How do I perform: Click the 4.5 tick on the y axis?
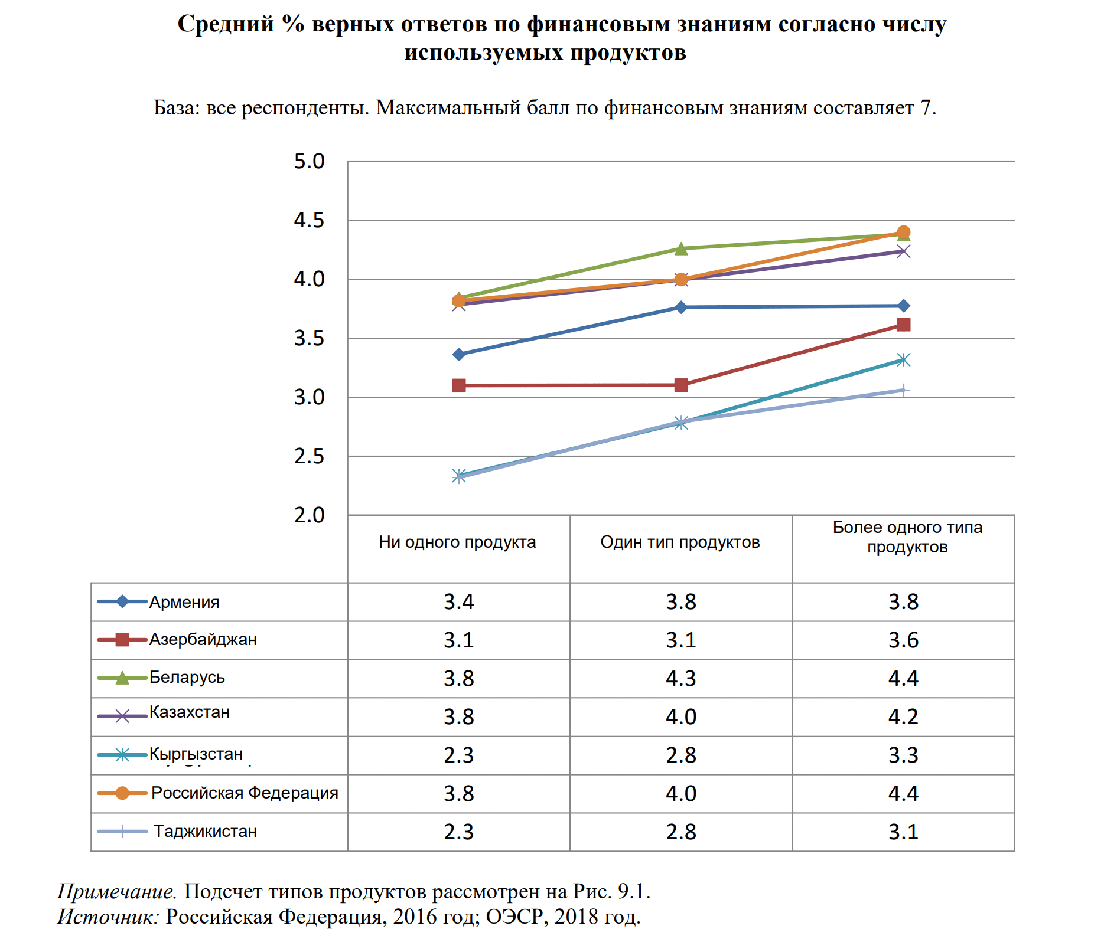click(x=309, y=221)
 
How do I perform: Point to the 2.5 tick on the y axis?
click(x=309, y=457)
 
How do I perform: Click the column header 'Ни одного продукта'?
click(x=457, y=542)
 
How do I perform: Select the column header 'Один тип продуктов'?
click(x=680, y=542)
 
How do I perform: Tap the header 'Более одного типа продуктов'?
click(x=907, y=537)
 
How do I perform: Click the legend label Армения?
click(x=184, y=603)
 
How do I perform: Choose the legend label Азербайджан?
click(x=203, y=640)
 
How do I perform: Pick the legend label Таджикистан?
click(x=205, y=832)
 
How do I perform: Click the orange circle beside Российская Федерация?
click(x=122, y=793)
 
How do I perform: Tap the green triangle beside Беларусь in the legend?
click(x=122, y=678)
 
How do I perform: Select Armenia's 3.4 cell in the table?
click(x=458, y=602)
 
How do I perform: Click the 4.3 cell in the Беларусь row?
click(x=680, y=679)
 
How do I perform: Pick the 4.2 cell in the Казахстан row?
click(x=903, y=717)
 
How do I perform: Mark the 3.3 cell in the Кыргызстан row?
click(x=903, y=755)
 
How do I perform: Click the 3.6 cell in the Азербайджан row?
click(x=903, y=640)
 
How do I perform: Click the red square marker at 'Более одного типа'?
click(x=903, y=325)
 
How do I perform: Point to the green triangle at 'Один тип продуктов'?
click(x=681, y=249)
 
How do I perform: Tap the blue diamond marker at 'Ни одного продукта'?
click(x=459, y=355)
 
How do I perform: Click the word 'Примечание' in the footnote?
click(x=116, y=891)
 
